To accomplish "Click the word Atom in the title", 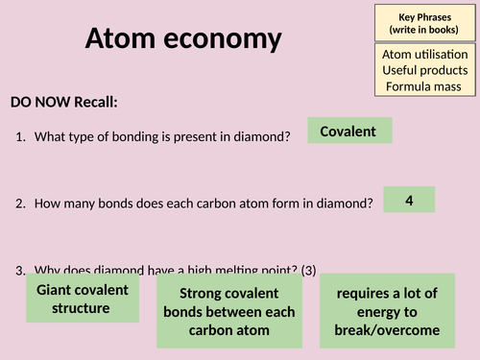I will click(121, 38).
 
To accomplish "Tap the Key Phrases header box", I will click(424, 23).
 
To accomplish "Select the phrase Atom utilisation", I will click(424, 56).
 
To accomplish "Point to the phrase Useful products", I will click(424, 71).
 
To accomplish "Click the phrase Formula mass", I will click(424, 87).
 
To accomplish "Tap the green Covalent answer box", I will click(348, 131).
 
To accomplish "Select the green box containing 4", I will click(409, 200).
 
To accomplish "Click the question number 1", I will click(21, 137).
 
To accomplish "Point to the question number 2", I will click(21, 204).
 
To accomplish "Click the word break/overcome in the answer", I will click(394, 330).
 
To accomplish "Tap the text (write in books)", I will click(424, 30).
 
